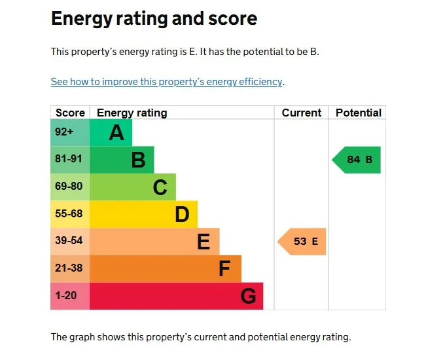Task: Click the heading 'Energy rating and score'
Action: [x=154, y=19]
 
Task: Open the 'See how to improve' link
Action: [x=167, y=82]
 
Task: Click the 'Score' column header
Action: [x=70, y=113]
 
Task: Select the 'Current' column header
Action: [x=301, y=113]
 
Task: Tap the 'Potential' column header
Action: [x=358, y=113]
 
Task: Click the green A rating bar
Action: [x=111, y=133]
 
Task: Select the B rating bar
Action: [x=122, y=160]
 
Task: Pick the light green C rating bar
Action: [x=132, y=187]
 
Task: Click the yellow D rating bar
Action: [x=143, y=214]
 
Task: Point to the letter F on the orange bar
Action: [x=224, y=269]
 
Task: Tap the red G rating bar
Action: [x=176, y=297]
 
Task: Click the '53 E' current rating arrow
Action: [x=302, y=242]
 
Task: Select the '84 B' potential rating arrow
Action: [x=357, y=160]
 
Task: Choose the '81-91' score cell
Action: [x=69, y=160]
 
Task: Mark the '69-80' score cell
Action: [x=69, y=187]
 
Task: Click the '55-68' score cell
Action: [x=69, y=214]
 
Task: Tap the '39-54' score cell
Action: [x=69, y=242]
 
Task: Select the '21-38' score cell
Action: [x=69, y=269]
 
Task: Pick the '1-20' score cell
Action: [x=66, y=297]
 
